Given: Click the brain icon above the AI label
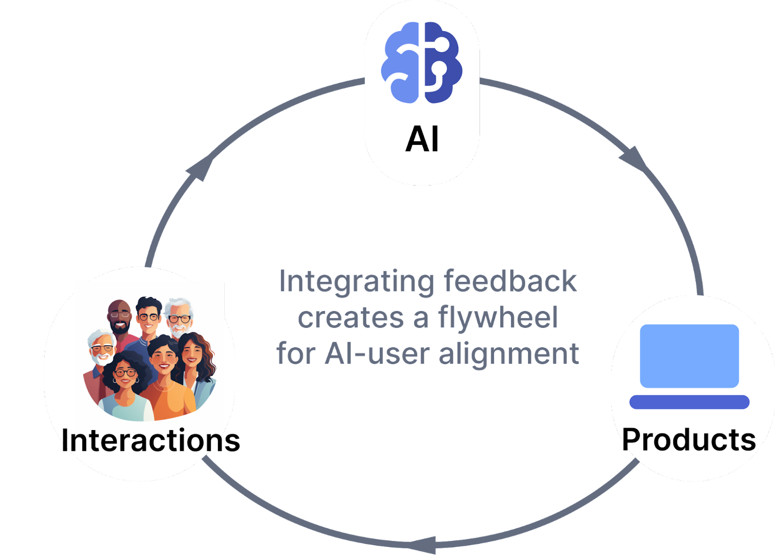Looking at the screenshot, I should pos(422,62).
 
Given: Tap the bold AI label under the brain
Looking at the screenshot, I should pos(422,139).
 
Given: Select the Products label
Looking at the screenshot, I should pos(689,440).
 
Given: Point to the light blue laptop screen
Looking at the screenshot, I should pos(689,356).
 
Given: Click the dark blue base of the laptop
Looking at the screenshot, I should pos(689,402).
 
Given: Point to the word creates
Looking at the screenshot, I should pos(350,318).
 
